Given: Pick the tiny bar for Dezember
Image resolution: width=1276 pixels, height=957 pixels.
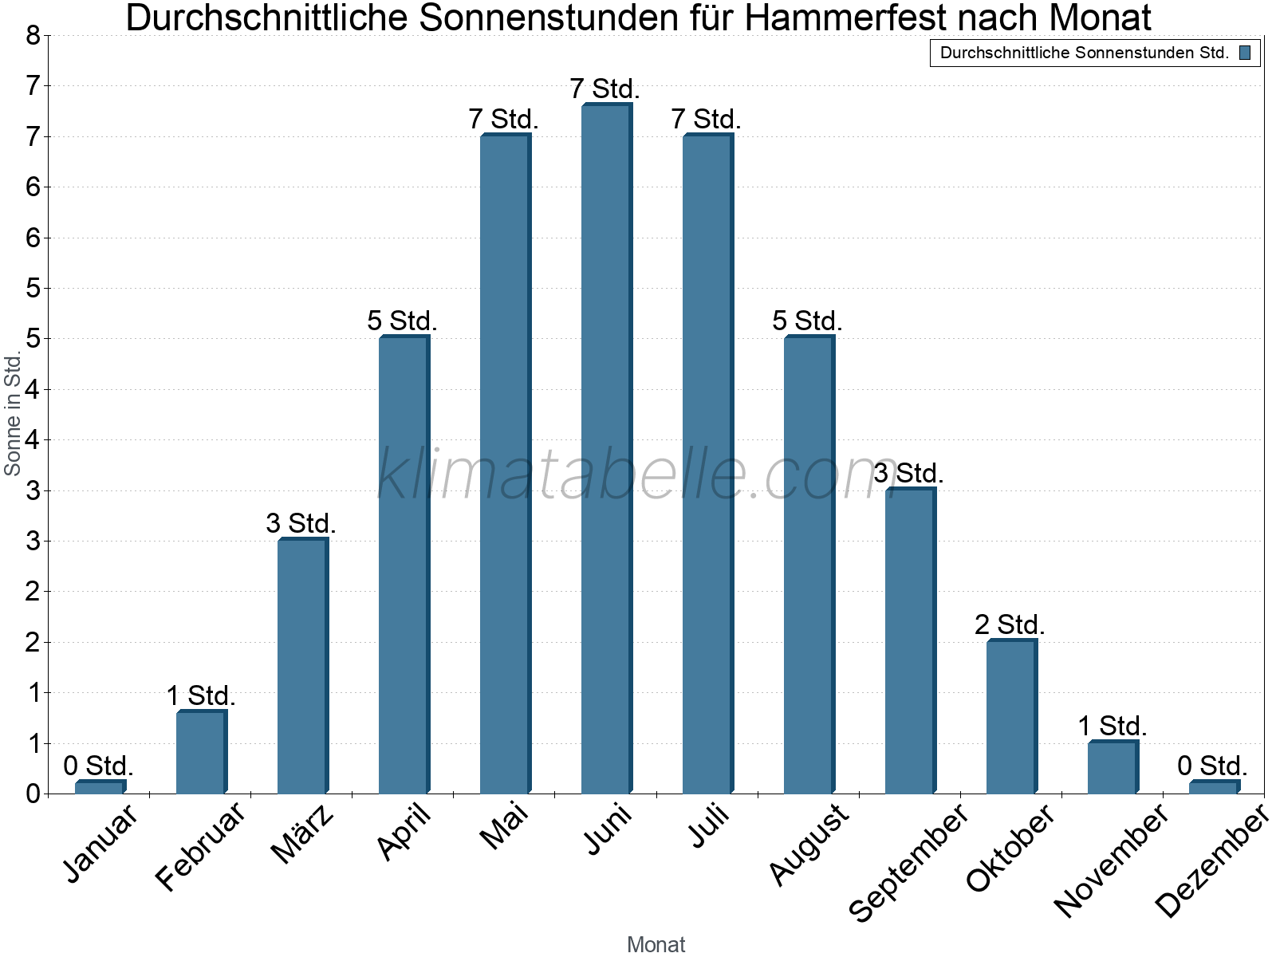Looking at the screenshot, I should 1214,787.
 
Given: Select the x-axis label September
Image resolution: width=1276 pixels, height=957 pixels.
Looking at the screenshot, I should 908,861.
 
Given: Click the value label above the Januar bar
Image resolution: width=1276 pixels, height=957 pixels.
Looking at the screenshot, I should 98,766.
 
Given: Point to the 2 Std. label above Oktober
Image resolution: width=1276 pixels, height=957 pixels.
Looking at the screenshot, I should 1010,624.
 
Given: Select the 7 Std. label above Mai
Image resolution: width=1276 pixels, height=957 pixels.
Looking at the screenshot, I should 504,120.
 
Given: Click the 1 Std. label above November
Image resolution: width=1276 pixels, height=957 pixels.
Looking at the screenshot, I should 1113,727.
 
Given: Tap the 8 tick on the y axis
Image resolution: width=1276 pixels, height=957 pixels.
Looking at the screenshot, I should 33,35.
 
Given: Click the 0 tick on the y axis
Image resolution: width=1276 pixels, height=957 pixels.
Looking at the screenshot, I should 33,794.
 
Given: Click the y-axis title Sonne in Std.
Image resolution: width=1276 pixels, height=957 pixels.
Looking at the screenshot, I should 13,415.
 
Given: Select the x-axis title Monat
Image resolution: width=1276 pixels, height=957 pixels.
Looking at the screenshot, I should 656,944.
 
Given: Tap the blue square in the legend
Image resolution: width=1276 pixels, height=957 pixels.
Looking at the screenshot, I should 1245,53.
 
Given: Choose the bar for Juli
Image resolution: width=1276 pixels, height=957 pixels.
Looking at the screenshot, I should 707,463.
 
